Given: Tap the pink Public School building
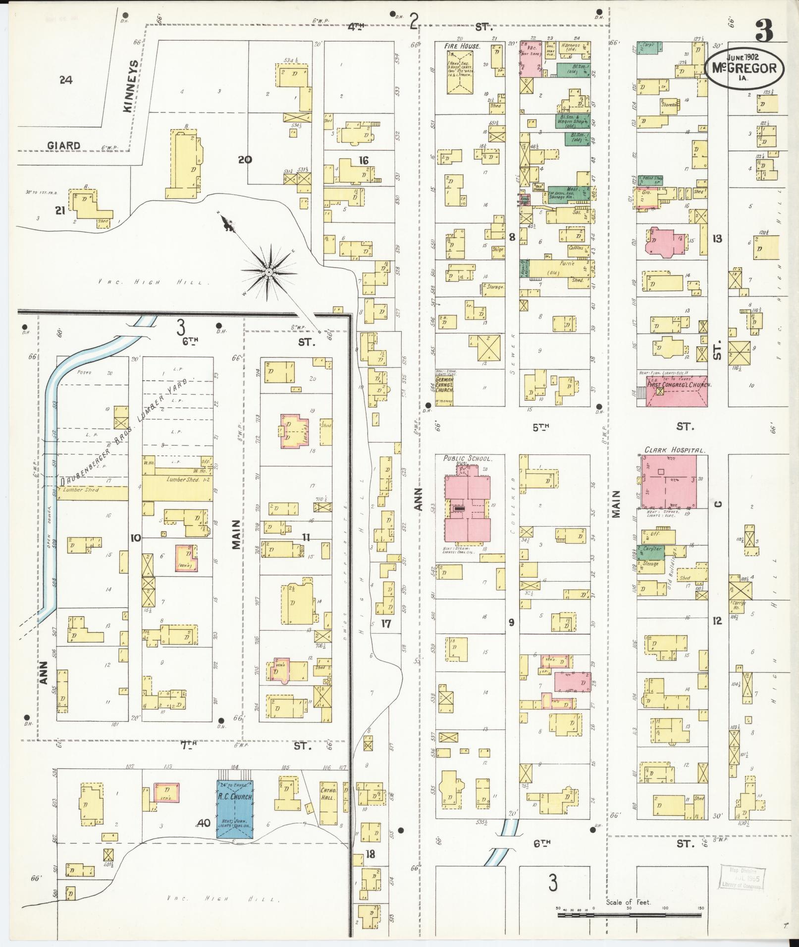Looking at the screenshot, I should click(467, 503).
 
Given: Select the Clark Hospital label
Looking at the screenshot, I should click(674, 450).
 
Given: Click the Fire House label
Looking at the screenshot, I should click(462, 46).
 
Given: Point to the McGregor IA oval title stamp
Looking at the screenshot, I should click(745, 68).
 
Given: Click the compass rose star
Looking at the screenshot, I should click(268, 272).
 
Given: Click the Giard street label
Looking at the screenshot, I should click(64, 146).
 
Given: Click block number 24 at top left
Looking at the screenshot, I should click(65, 80).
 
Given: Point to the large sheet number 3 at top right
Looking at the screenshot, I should click(763, 31).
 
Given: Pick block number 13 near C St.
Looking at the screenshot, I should click(717, 239).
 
